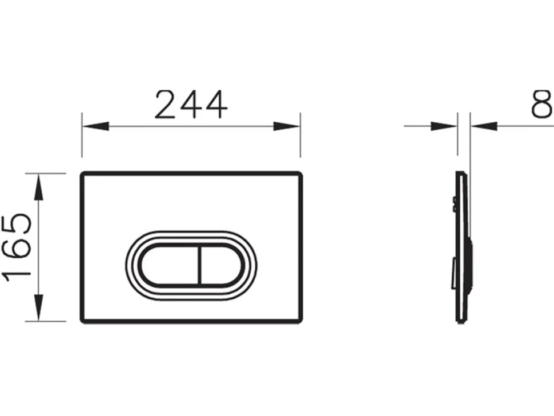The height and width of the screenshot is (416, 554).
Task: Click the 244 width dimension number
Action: click(191, 105)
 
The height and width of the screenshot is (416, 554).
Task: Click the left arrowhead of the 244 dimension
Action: click(95, 126)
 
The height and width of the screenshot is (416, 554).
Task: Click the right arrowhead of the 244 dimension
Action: click(287, 126)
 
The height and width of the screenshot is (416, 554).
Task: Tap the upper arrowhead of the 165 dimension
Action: click(39, 187)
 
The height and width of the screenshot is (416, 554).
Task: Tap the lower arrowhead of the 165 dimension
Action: click(39, 307)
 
